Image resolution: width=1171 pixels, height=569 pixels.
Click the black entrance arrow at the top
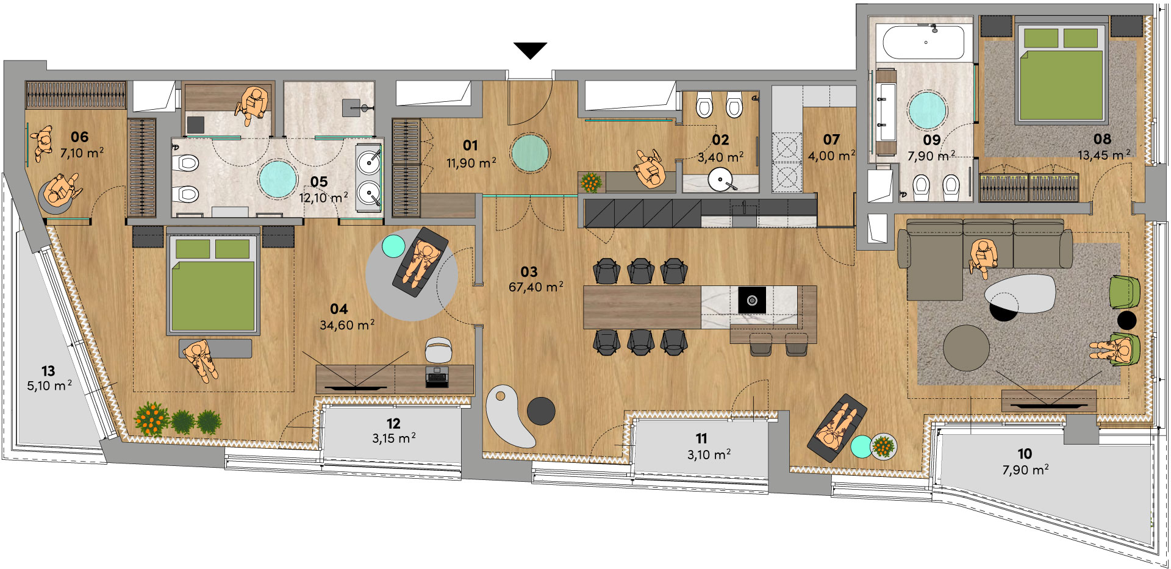pyautogui.click(x=530, y=50)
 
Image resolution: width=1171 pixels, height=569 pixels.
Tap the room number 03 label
pyautogui.click(x=529, y=272)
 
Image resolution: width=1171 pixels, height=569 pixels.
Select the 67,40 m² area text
pyautogui.click(x=536, y=287)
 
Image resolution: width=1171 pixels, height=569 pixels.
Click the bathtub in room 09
pyautogui.click(x=923, y=41)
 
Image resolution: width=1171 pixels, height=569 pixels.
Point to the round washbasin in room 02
pyautogui.click(x=723, y=180)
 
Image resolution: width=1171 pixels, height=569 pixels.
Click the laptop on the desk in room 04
pyautogui.click(x=437, y=378)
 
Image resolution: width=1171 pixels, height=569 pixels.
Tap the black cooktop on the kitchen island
pyautogui.click(x=752, y=299)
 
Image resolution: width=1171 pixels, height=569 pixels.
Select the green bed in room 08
pyautogui.click(x=1062, y=73)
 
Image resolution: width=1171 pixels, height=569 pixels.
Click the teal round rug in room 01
pyautogui.click(x=530, y=152)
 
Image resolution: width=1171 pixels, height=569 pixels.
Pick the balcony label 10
pyautogui.click(x=1025, y=454)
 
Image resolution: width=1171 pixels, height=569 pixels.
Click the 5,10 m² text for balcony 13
pyautogui.click(x=49, y=386)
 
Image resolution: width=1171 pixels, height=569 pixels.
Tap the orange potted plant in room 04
pyautogui.click(x=152, y=419)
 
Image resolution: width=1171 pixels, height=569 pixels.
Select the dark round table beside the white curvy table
pyautogui.click(x=541, y=411)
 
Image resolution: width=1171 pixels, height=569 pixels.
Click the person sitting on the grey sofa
pyautogui.click(x=983, y=257)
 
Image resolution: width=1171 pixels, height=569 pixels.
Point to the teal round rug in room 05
pyautogui.click(x=278, y=179)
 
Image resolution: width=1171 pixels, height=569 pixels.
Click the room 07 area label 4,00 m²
pyautogui.click(x=831, y=156)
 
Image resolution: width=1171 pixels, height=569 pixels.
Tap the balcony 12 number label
pyautogui.click(x=393, y=423)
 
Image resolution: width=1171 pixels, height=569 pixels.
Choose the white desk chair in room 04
pyautogui.click(x=439, y=349)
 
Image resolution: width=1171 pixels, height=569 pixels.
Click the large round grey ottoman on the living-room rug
pyautogui.click(x=966, y=348)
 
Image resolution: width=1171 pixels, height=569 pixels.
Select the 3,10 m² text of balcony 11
pyautogui.click(x=709, y=454)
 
